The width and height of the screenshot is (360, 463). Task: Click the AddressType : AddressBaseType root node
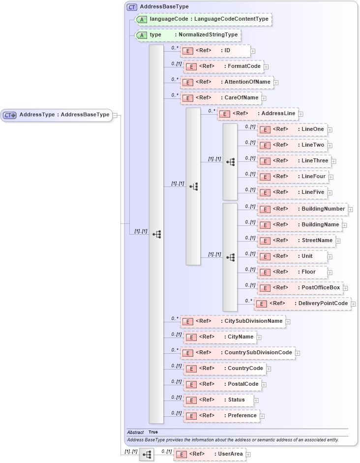tap(56, 115)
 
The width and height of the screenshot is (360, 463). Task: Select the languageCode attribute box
tap(204, 19)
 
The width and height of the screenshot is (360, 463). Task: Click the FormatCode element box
tap(223, 66)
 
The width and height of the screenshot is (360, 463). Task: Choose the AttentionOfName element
tap(227, 82)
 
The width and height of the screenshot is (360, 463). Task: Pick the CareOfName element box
tap(220, 98)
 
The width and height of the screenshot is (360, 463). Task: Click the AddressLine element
tap(258, 114)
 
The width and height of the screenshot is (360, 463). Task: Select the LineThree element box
tap(293, 161)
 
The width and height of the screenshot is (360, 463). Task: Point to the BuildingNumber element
tap(302, 209)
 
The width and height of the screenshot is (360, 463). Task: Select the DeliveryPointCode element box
tap(302, 304)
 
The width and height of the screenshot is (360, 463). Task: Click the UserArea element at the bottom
tap(210, 454)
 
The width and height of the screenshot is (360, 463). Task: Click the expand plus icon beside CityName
tap(259, 338)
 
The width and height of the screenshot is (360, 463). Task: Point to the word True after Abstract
tap(153, 432)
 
